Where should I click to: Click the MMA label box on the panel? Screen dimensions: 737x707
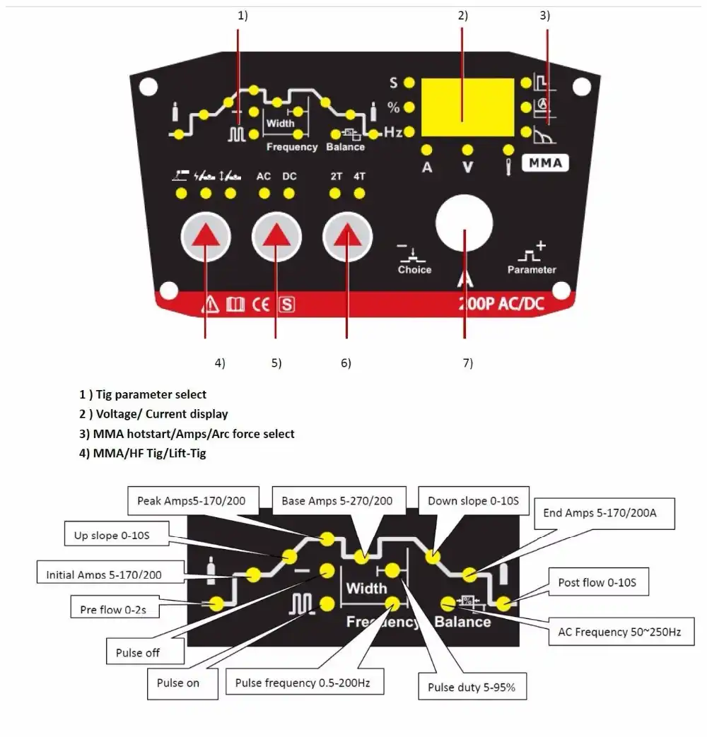click(x=545, y=163)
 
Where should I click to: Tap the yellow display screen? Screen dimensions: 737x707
click(x=467, y=107)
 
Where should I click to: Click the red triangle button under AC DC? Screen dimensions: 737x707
click(x=275, y=237)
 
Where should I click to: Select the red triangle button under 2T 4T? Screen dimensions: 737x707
click(x=346, y=237)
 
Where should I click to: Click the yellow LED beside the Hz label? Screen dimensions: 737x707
click(x=409, y=131)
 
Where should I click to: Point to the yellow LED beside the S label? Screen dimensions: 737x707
click(x=409, y=83)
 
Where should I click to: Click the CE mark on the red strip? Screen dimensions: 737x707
click(x=261, y=305)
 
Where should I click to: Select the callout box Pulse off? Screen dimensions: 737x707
click(x=138, y=652)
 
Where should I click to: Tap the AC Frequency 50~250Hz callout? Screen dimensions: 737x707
click(x=614, y=632)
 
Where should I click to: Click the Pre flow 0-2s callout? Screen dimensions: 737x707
click(x=113, y=608)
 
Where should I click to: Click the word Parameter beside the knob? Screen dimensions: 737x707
click(x=532, y=269)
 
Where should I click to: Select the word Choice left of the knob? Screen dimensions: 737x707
click(x=414, y=269)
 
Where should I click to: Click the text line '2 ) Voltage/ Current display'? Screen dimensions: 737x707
click(x=153, y=414)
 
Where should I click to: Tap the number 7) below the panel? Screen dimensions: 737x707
click(x=467, y=363)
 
